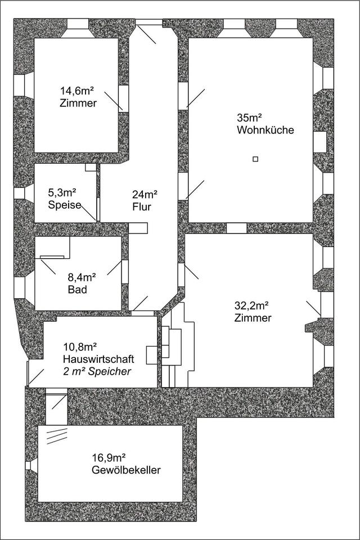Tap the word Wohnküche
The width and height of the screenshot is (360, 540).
tap(266, 130)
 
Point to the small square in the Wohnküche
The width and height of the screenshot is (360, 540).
tap(255, 159)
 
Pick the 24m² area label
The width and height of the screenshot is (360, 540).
tap(145, 195)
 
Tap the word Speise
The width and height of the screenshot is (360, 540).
tap(64, 205)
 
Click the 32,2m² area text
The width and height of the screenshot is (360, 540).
tap(251, 306)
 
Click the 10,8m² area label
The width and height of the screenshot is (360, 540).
tap(79, 346)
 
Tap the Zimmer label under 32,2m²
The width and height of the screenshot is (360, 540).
tap(253, 318)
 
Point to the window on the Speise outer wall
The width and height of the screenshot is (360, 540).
tap(19, 193)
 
